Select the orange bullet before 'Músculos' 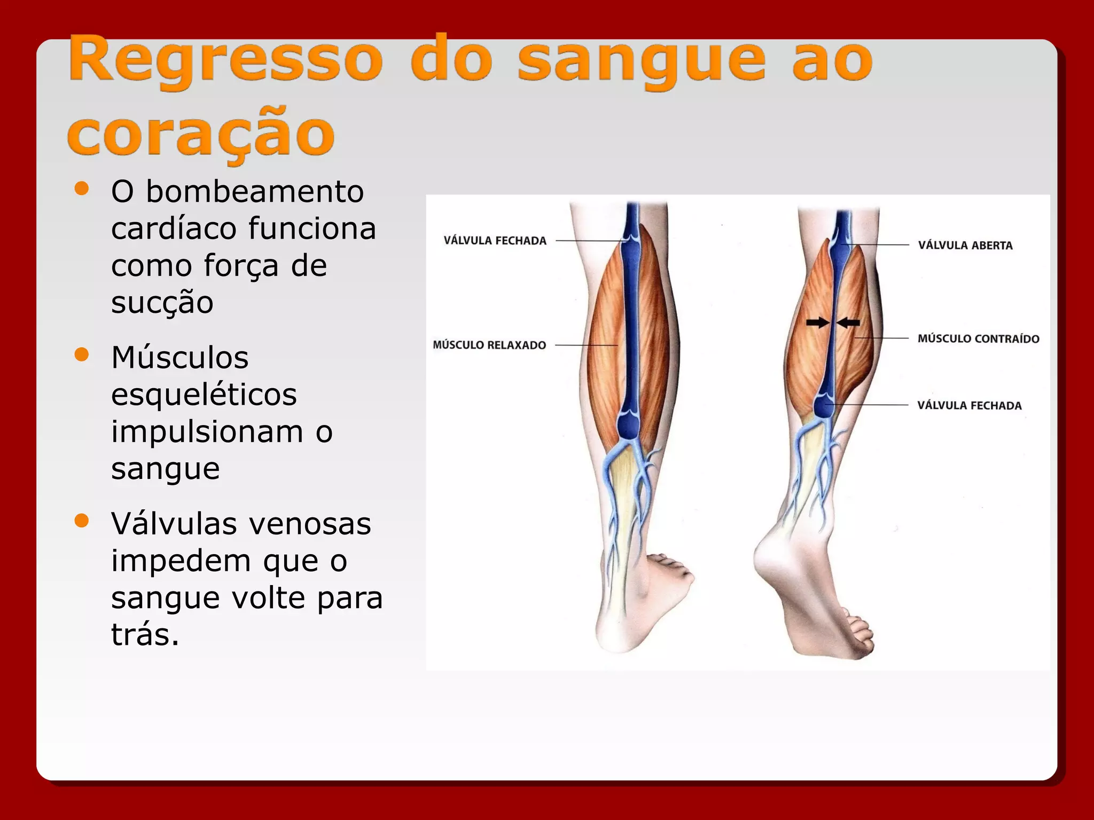point(82,354)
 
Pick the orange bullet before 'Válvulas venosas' point(82,521)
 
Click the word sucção point(162,303)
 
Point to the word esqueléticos point(204,395)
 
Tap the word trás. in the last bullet point(145,635)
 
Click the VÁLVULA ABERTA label point(965,246)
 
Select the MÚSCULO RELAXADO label point(489,345)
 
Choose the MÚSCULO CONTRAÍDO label point(978,339)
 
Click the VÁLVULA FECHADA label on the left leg point(495,241)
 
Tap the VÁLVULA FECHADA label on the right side point(969,406)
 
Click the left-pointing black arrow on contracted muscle point(849,322)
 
